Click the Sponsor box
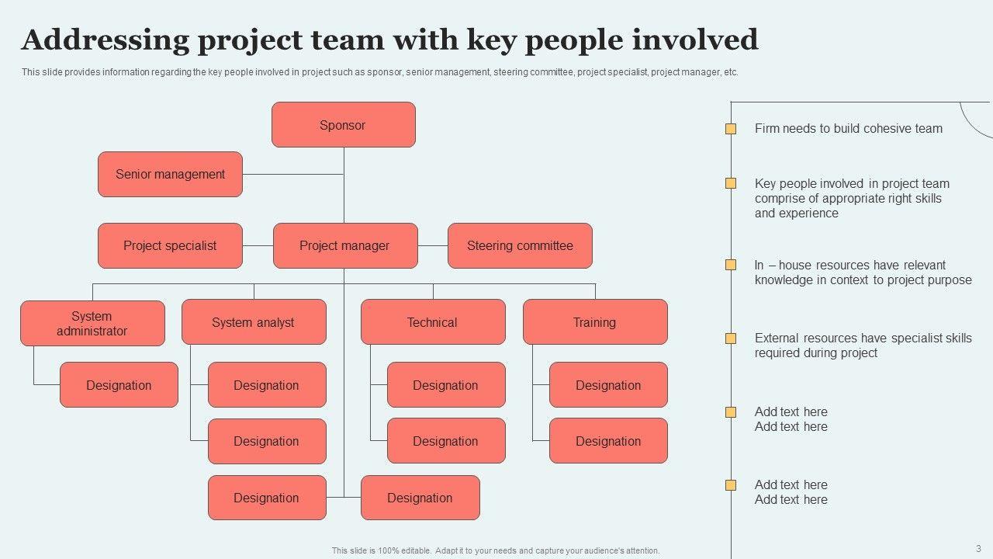343,125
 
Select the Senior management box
170,174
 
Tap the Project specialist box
170,245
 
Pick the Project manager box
344,245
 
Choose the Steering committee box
520,245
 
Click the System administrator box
92,323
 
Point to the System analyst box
254,322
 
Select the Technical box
433,322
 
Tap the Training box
595,322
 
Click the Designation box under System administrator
119,385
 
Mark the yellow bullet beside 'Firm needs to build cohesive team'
731,129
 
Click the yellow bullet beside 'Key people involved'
731,183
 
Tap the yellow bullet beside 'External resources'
731,339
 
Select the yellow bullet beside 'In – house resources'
731,265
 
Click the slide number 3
978,548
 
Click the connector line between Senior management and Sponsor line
292,174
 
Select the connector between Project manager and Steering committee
433,245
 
